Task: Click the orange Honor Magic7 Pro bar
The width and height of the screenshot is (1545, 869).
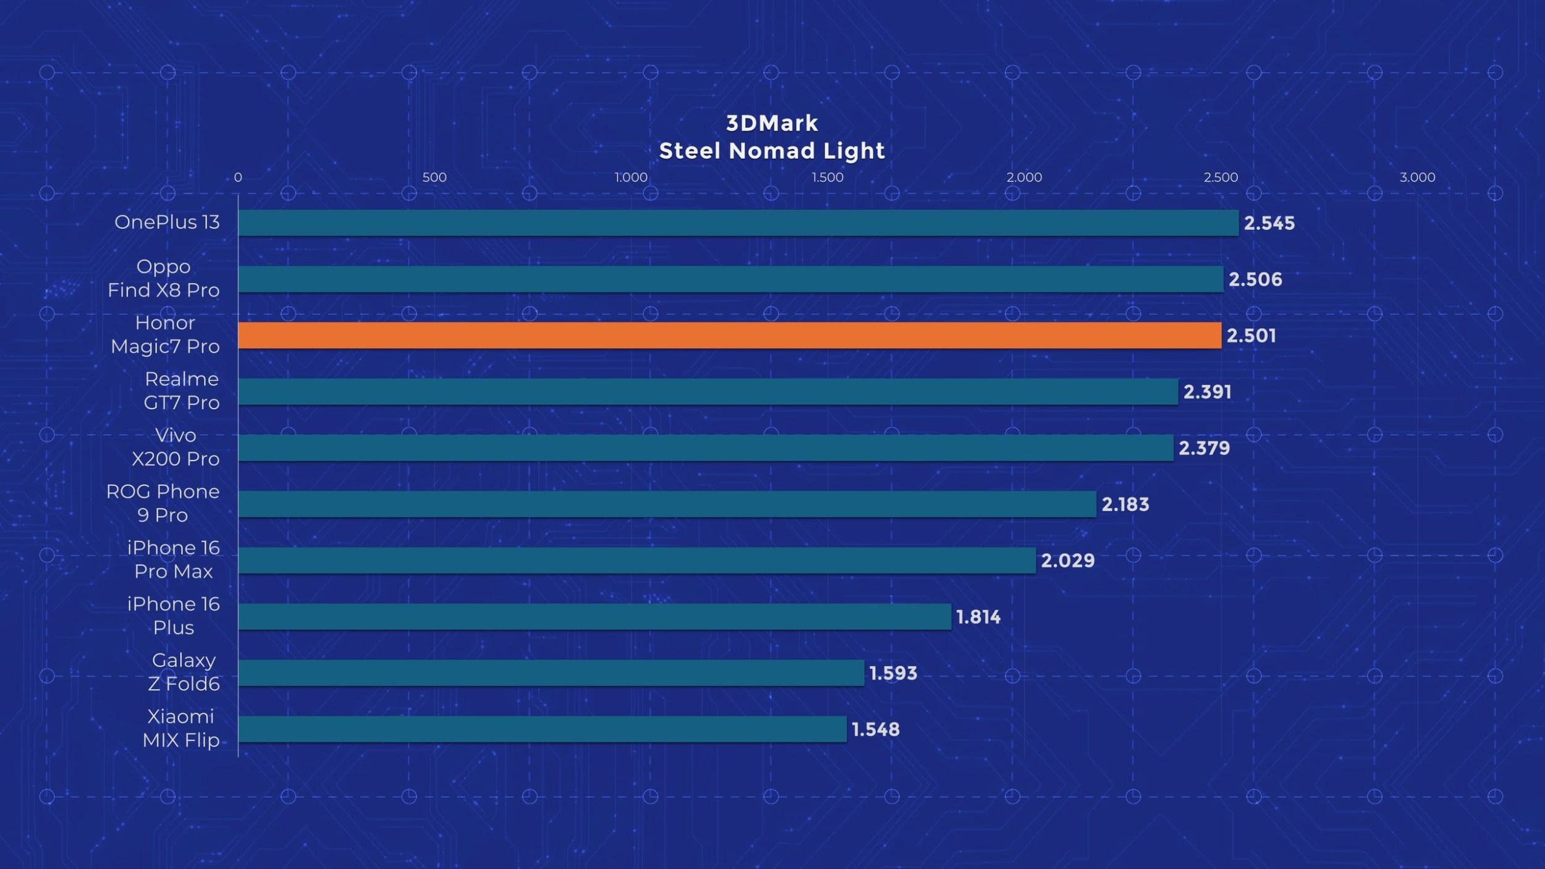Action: click(729, 336)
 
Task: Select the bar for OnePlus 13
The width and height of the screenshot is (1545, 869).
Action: click(739, 223)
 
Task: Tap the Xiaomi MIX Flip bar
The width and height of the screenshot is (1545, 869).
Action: click(542, 729)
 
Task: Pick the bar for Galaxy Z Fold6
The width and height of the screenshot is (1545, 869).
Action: click(551, 673)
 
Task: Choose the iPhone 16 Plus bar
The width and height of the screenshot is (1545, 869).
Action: click(595, 617)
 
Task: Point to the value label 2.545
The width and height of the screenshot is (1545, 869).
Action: click(1269, 223)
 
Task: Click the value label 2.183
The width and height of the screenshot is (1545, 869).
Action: click(1125, 504)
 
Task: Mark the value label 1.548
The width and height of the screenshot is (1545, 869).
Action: click(875, 729)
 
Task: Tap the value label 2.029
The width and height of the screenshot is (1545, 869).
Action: click(1067, 561)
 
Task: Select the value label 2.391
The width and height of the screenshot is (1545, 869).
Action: click(1207, 392)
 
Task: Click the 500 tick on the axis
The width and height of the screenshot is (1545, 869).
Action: click(434, 177)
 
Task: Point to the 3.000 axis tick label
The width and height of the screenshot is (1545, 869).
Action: click(1417, 177)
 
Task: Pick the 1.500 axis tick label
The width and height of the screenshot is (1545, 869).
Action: click(827, 177)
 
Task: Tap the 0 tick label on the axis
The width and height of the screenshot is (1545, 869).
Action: click(238, 177)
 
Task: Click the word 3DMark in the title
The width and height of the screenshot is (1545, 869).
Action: click(772, 124)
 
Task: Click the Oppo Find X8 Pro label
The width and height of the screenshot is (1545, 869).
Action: click(164, 278)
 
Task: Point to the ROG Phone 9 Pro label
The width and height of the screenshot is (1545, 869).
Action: click(163, 503)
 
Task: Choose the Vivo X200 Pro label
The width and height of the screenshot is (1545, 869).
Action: click(176, 447)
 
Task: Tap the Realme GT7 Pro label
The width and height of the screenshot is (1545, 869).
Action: click(182, 391)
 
